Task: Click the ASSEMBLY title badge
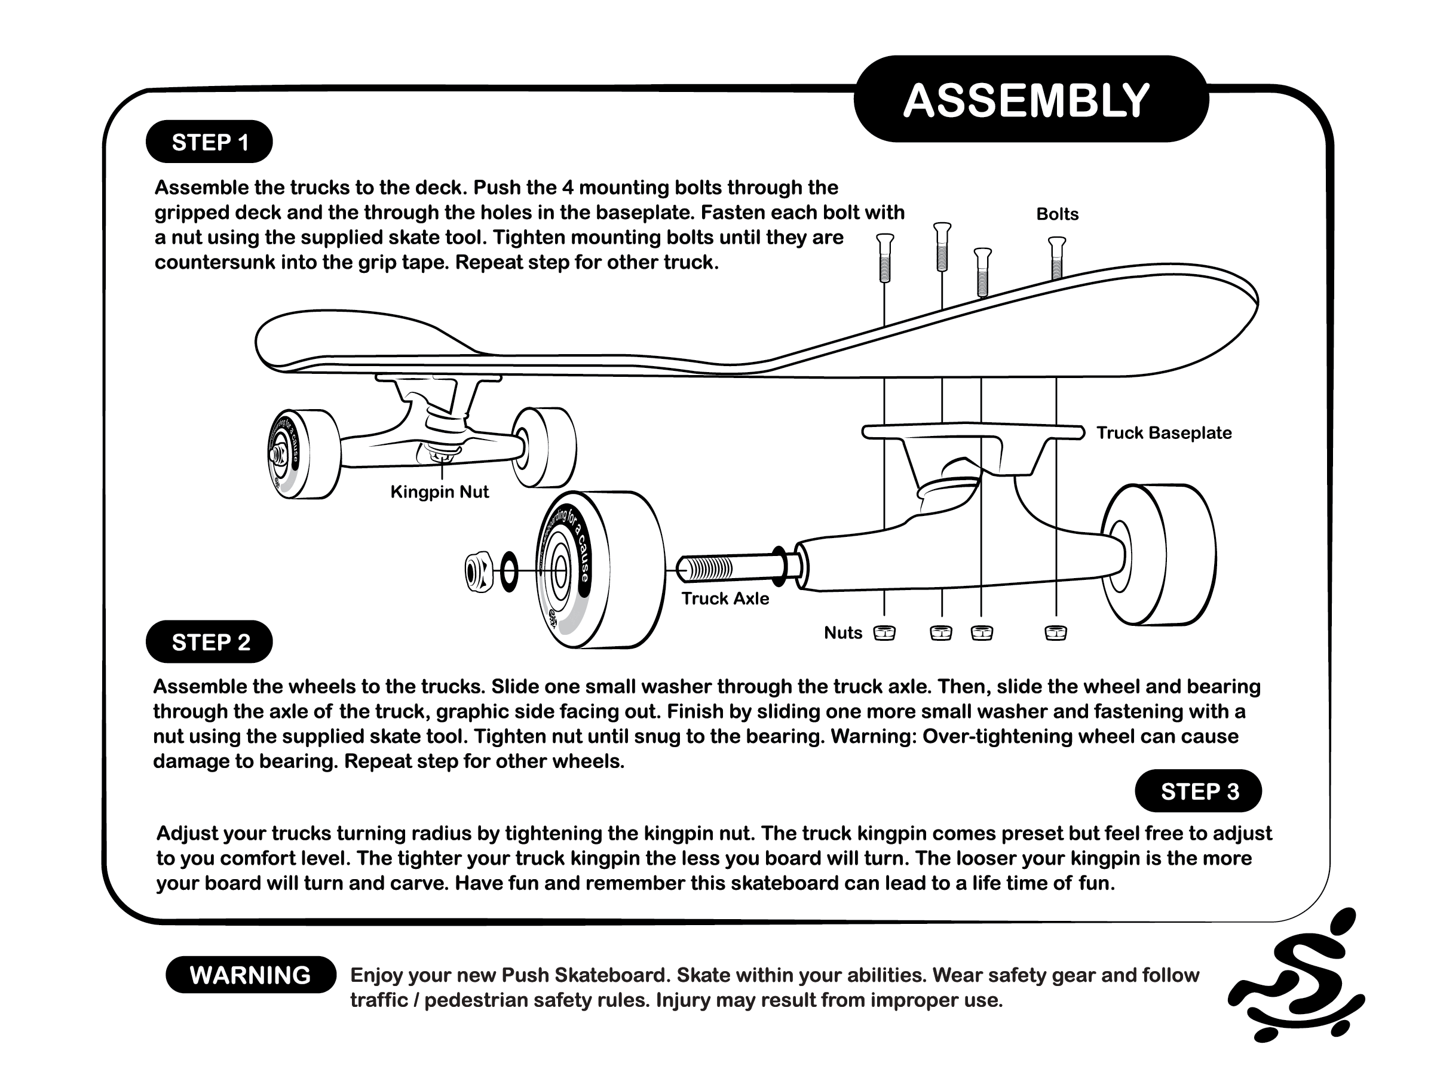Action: [x=1030, y=100]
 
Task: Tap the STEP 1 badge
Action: [x=209, y=142]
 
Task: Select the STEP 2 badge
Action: [x=209, y=641]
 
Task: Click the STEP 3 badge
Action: [x=1198, y=791]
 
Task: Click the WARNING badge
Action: [x=250, y=975]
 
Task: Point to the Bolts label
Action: [x=1057, y=214]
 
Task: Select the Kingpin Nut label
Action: [x=439, y=492]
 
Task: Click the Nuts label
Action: [x=842, y=632]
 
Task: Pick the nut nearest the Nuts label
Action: [x=884, y=632]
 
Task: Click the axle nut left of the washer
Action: [x=480, y=571]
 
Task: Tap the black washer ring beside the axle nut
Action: [x=509, y=572]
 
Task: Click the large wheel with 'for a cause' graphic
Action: [x=600, y=570]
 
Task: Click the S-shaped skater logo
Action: [x=1297, y=978]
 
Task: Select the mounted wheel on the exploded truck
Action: [x=1157, y=555]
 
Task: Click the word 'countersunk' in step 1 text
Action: [x=214, y=262]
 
